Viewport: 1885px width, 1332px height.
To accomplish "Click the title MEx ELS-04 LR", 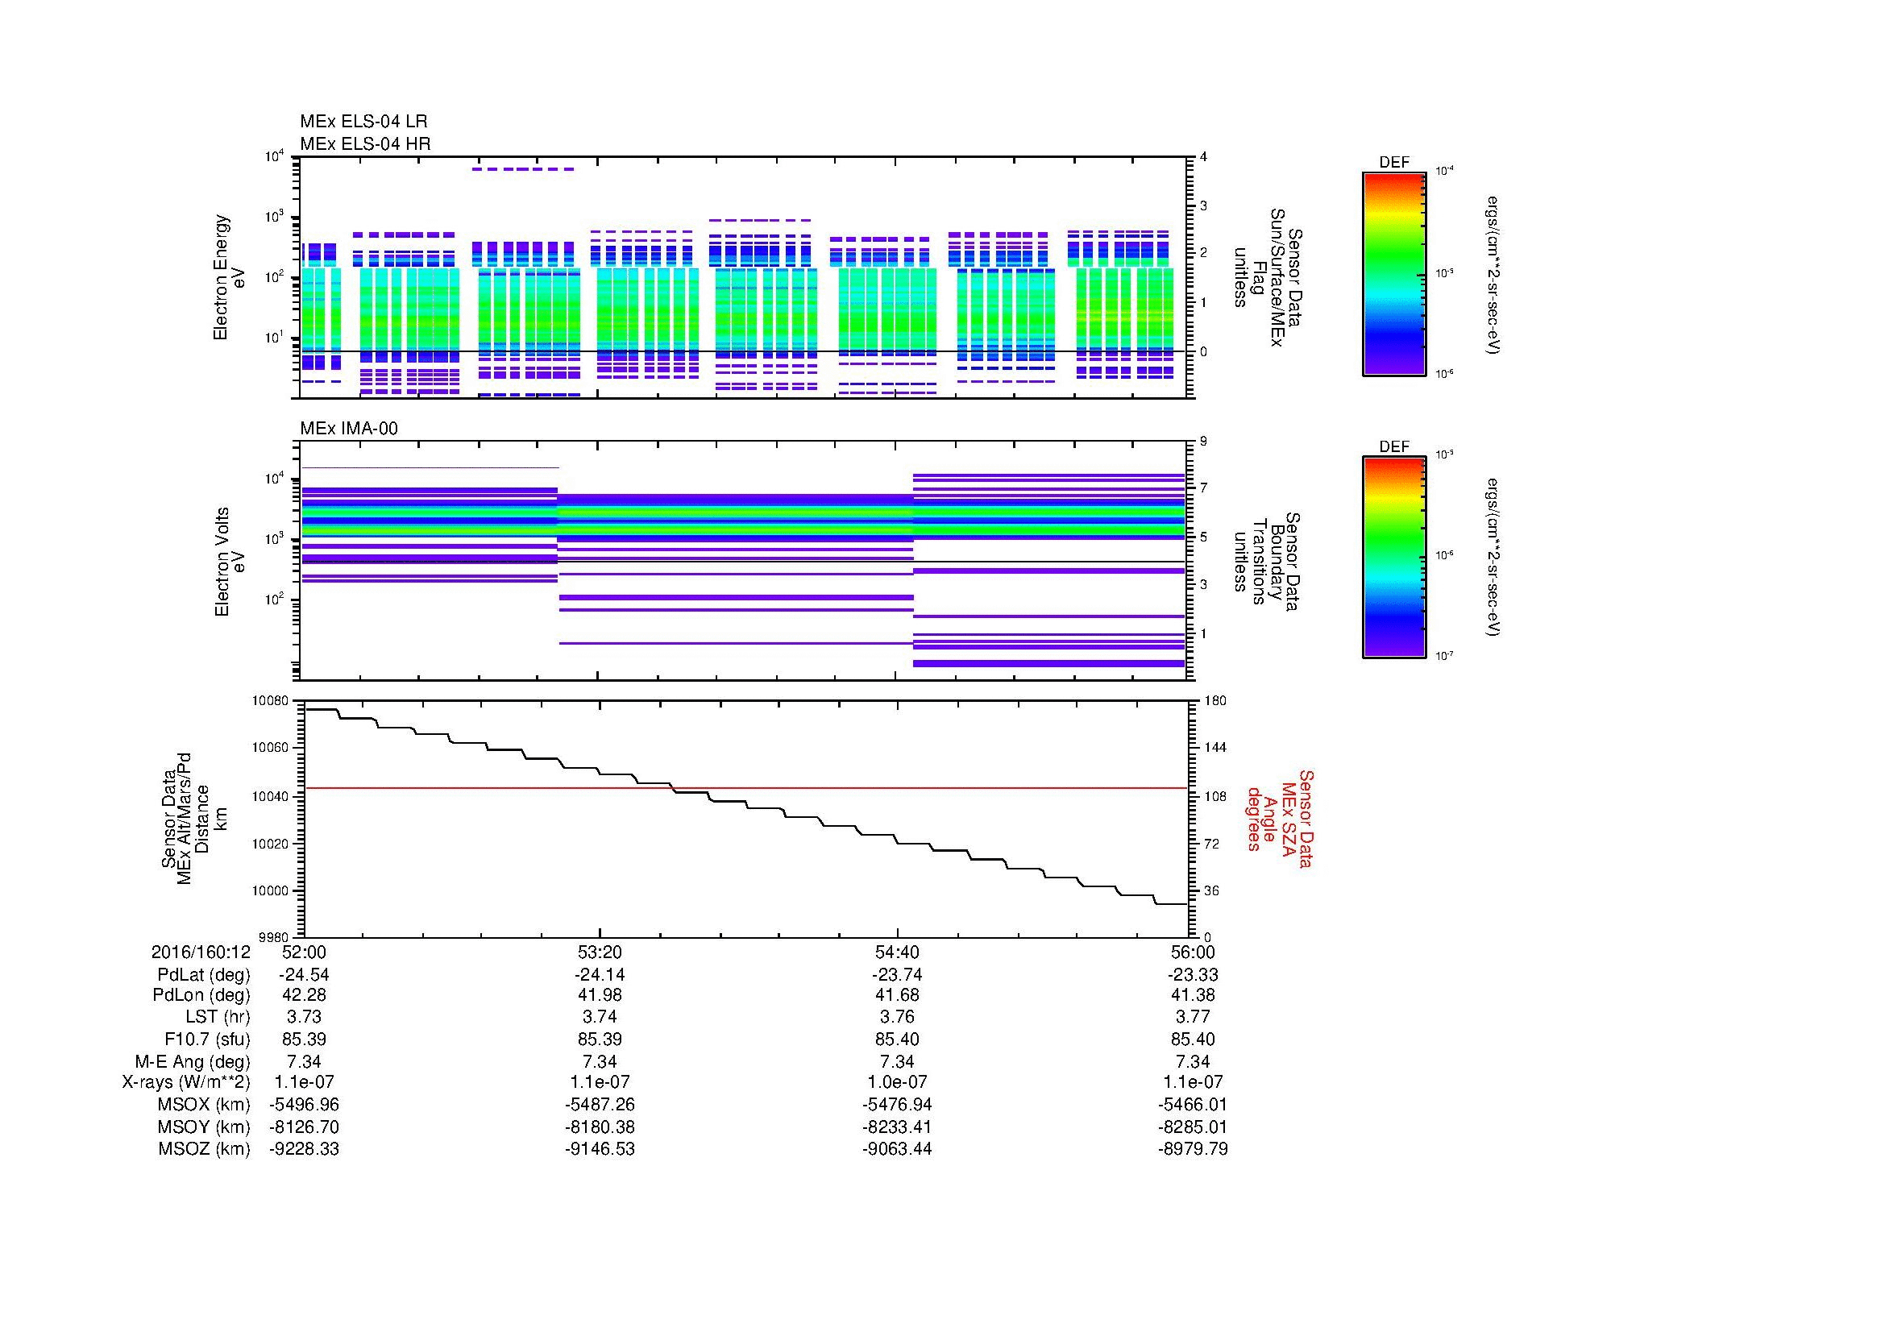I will pos(363,122).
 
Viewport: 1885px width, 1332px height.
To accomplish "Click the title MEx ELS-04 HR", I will pos(364,143).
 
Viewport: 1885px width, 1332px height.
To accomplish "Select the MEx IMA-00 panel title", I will pos(348,429).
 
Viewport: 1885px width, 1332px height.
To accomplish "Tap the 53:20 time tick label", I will pos(600,952).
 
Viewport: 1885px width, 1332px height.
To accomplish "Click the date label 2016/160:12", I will pos(201,952).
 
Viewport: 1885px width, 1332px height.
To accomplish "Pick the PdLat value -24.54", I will pos(304,975).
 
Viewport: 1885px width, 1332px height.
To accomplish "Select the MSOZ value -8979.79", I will pos(1192,1149).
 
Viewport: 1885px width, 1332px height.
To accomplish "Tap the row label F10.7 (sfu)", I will pos(207,1039).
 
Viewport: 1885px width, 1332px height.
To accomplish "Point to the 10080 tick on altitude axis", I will pos(271,701).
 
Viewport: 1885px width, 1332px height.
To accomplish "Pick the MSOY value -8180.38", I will pos(600,1127).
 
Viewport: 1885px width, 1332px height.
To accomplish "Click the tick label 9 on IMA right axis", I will pos(1202,442).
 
